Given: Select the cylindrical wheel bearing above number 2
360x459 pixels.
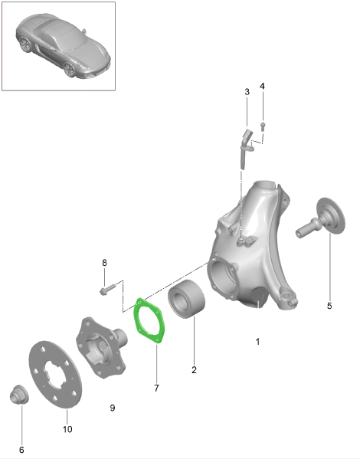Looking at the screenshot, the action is [186, 299].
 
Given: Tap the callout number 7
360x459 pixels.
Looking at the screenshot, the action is [156, 389].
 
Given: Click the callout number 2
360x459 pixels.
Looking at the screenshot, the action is [194, 370].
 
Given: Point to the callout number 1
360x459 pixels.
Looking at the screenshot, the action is [257, 342].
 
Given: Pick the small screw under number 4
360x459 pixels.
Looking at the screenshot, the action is [263, 126].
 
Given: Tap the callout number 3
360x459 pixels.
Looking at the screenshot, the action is [247, 92].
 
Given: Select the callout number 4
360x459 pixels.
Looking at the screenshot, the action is [262, 87].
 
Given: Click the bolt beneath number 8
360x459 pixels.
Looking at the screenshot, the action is [107, 289].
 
